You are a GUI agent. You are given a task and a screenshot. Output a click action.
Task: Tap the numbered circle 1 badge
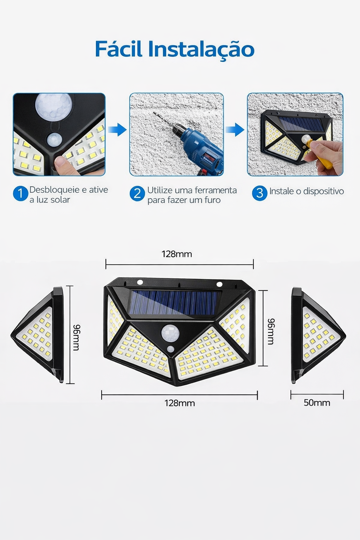tap(20, 193)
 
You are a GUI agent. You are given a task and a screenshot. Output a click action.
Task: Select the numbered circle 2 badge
tap(137, 194)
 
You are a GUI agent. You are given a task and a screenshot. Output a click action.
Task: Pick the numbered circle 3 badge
tap(260, 193)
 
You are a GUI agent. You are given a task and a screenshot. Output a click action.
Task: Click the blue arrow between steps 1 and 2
tap(117, 129)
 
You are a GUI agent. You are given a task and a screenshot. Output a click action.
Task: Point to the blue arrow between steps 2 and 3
tap(235, 129)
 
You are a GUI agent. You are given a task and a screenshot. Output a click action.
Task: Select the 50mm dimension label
tap(317, 403)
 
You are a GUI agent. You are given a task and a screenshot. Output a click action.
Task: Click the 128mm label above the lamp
tap(177, 254)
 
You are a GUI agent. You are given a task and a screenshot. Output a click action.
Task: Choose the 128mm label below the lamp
tap(180, 403)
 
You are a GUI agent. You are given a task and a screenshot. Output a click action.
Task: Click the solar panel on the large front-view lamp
tap(175, 302)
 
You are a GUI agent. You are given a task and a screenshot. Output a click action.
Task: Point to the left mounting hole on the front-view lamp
tap(140, 282)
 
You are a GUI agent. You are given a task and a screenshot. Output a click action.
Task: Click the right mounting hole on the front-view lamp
tap(219, 284)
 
